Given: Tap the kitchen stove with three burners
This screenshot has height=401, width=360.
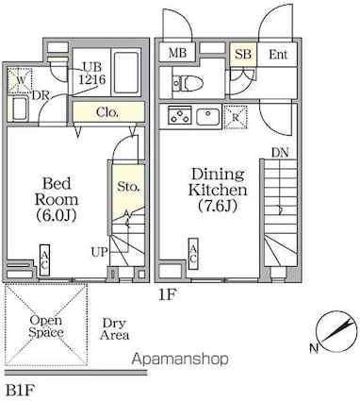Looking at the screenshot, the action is (x=180, y=115).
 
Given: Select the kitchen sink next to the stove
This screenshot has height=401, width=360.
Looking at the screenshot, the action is (x=208, y=116).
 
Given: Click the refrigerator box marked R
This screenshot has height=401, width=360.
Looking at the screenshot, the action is (x=236, y=117).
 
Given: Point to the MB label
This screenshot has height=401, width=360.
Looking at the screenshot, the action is (x=177, y=53).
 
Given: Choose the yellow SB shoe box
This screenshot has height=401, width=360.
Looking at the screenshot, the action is (x=243, y=54).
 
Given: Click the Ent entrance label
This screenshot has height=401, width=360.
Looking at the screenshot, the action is (x=278, y=55).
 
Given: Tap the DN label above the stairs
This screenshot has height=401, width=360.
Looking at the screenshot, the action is (x=280, y=153).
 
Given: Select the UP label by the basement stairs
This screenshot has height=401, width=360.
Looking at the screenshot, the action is (x=100, y=252).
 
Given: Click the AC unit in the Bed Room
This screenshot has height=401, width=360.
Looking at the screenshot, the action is (x=44, y=260).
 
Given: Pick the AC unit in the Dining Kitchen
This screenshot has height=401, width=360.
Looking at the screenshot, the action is (x=193, y=254).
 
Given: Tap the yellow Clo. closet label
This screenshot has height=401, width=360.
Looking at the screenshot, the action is (x=107, y=112).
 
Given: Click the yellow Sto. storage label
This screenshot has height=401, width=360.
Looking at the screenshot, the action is (x=128, y=187).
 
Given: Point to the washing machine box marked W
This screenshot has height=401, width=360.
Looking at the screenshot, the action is (x=20, y=80).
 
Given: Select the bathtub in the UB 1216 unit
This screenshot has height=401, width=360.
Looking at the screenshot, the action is (x=126, y=73).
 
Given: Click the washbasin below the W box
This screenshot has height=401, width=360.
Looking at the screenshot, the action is (x=21, y=109).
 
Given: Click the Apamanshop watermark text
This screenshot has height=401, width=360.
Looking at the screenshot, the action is (x=180, y=359).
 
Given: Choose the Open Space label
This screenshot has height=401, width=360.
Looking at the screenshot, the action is (x=46, y=326).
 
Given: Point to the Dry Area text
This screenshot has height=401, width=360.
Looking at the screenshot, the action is (x=114, y=329).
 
